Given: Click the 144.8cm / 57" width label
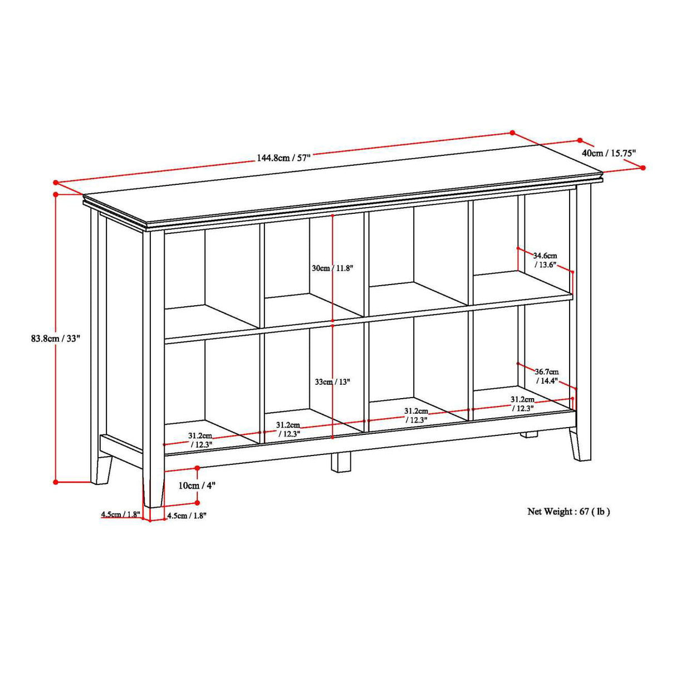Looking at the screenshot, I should pos(283,158).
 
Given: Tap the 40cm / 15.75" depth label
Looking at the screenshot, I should pos(609,153).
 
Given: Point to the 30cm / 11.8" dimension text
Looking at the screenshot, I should pos(332,268).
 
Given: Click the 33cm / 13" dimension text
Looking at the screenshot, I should pos(332,382).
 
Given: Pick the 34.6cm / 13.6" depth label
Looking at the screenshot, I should pos(545,260).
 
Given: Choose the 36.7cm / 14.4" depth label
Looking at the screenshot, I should pos(547,376).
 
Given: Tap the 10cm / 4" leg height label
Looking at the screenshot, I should pos(197,485).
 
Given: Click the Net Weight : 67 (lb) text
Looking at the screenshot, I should pos(569,511).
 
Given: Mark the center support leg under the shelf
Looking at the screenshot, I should pos(342,462).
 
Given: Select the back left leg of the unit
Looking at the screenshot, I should pos(103,469).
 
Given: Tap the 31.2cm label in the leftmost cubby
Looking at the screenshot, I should pos(199,440).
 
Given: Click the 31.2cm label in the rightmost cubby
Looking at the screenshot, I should pos(522,404).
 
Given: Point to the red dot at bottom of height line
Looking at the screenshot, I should pos(56,482).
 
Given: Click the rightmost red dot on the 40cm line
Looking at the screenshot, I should pos(643,168).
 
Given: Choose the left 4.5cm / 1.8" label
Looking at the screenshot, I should pos(120,515).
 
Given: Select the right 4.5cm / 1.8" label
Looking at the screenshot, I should pos(187,516).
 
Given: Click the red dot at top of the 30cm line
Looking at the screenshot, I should pos(332,215).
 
